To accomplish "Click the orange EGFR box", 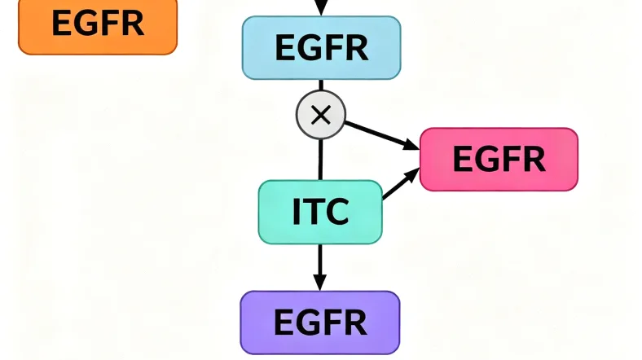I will (x=97, y=24).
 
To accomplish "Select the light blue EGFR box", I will (x=321, y=47).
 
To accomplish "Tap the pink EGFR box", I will (x=499, y=159).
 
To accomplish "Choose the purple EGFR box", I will (x=320, y=323).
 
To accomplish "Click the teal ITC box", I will (x=320, y=212).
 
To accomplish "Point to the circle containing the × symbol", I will (x=321, y=115).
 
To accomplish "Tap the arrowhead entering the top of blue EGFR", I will (x=321, y=7).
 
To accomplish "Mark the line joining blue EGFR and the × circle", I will (x=321, y=86).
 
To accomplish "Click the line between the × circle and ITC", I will (x=320, y=158).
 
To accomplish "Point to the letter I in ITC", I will (x=297, y=212).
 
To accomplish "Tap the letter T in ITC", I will (x=314, y=212).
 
